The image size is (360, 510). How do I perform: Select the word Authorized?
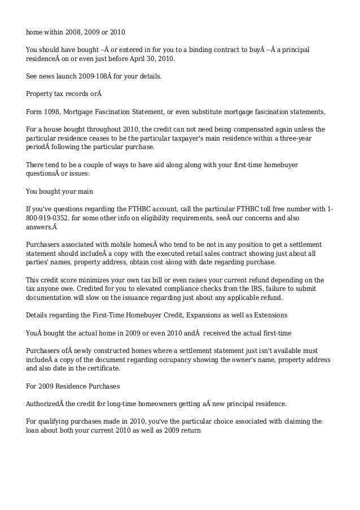pyautogui.click(x=45, y=404)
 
